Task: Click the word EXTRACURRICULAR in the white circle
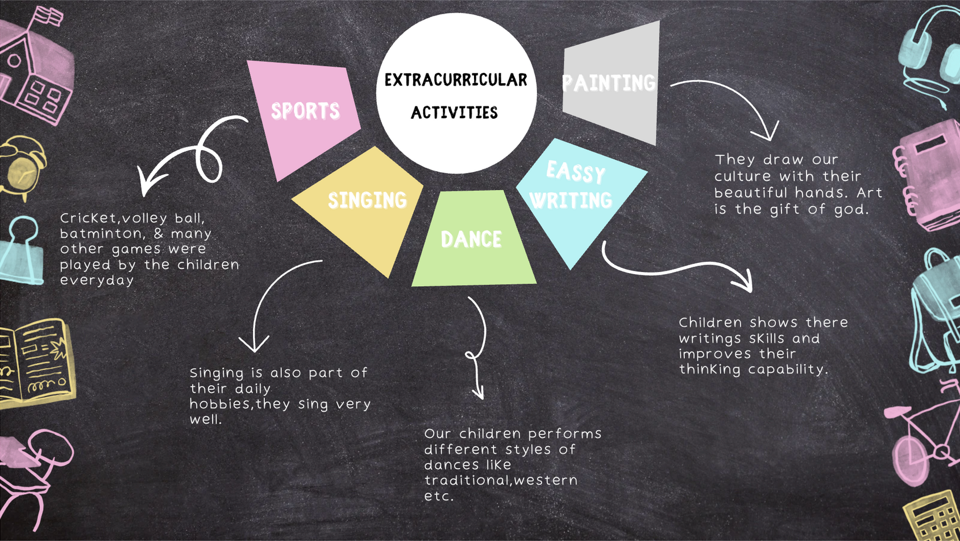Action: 455,80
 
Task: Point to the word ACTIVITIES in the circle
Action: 454,113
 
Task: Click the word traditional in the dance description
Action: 467,481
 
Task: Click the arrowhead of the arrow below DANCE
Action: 479,394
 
